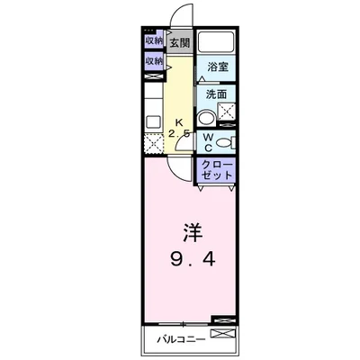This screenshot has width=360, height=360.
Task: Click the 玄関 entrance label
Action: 179,42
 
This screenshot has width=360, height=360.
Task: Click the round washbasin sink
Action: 206,115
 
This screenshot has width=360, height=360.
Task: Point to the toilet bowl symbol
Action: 224,141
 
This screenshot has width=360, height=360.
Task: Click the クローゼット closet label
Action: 216,170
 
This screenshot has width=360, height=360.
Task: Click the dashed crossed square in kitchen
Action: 151,142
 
